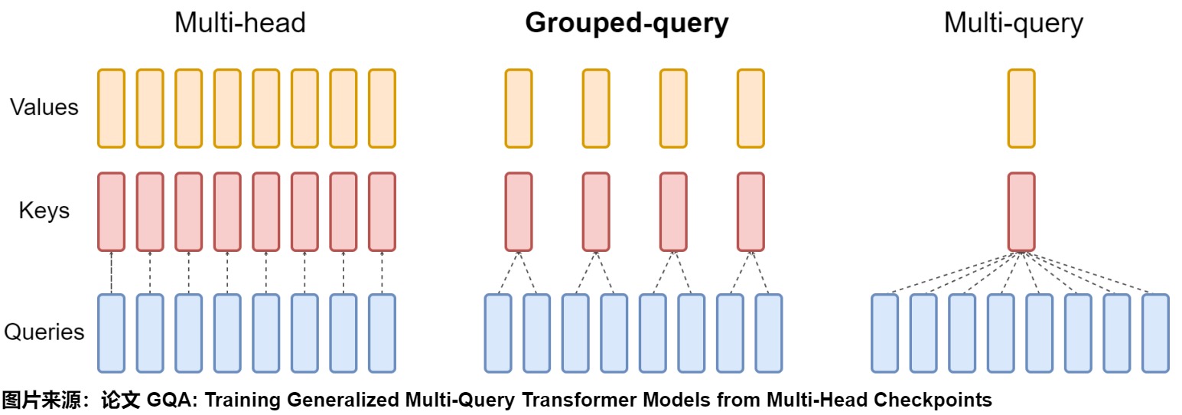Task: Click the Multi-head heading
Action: coord(240,23)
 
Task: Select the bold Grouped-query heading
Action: coord(627,24)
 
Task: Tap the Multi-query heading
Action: coord(1013,24)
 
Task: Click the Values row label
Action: coord(44,107)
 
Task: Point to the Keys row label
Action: coord(44,211)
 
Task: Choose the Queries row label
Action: coord(44,332)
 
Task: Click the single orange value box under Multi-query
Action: coord(1021,108)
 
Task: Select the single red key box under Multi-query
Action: coord(1021,212)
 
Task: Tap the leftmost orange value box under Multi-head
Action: coord(112,108)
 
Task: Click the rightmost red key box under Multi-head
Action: coord(382,212)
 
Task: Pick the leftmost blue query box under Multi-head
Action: coord(112,333)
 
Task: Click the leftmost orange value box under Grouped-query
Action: coord(519,108)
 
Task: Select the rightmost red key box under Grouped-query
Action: coord(751,212)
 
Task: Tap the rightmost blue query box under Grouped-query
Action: coord(769,333)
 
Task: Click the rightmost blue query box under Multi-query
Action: coord(1156,333)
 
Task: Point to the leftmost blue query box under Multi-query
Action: coord(885,333)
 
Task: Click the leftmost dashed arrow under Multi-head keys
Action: coord(112,273)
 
